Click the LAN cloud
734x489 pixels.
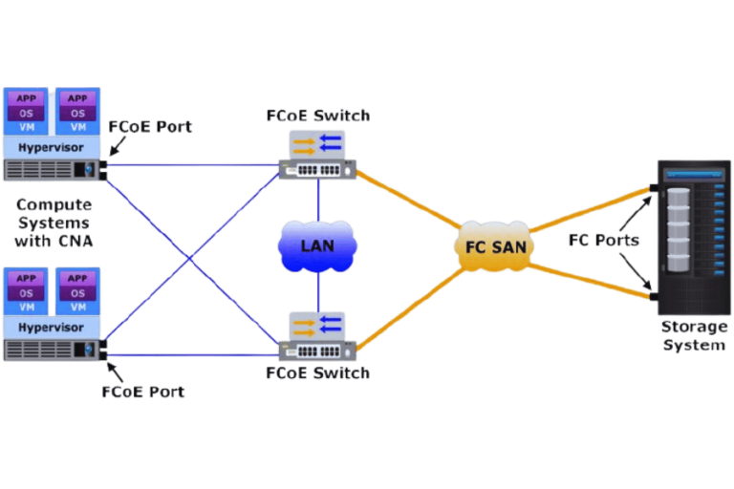317,246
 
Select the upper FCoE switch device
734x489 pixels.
317,156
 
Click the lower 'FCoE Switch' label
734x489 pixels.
317,372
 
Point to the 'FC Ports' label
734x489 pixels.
603,241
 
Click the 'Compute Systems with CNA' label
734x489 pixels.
54,223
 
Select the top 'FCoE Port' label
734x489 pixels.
149,126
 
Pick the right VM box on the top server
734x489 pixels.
78,112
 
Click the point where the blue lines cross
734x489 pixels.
190,257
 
